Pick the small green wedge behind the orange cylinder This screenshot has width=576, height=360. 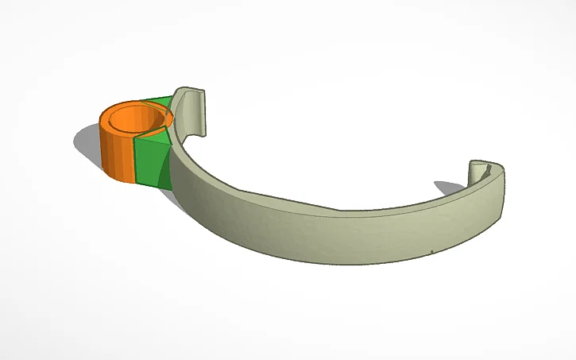coord(159,101)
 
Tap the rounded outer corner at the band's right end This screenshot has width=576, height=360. coord(501,191)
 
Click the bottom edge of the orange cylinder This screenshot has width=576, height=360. coord(119,178)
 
